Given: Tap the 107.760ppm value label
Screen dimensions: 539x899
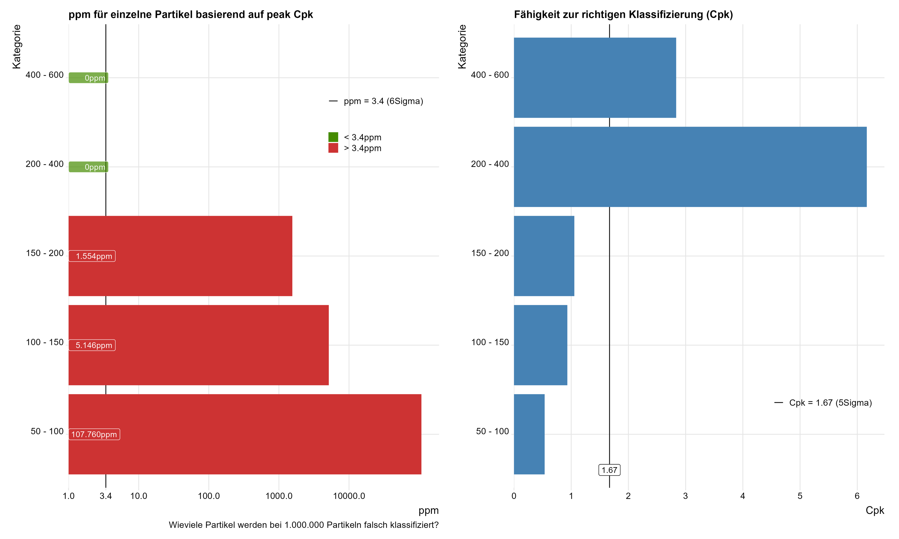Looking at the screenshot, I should point(94,434).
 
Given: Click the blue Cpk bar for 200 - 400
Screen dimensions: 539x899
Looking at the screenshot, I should point(690,167).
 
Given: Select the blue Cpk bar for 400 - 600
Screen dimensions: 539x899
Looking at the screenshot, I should point(594,78).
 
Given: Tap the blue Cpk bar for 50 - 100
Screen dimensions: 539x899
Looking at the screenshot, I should point(529,434).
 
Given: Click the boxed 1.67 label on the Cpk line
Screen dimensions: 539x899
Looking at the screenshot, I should point(609,470).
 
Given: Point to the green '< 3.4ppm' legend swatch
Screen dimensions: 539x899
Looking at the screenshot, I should point(333,137).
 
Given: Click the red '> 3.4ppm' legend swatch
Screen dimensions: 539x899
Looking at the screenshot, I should point(333,148).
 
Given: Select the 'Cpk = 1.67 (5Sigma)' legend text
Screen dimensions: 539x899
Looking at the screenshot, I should point(830,403).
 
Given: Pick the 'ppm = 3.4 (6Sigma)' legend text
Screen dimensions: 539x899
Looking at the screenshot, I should point(383,101).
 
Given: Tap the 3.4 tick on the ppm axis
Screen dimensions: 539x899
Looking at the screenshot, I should point(106,496).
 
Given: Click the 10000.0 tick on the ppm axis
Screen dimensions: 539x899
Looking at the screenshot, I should point(349,496).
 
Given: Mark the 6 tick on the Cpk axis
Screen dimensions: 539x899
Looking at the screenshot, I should point(857,496).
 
